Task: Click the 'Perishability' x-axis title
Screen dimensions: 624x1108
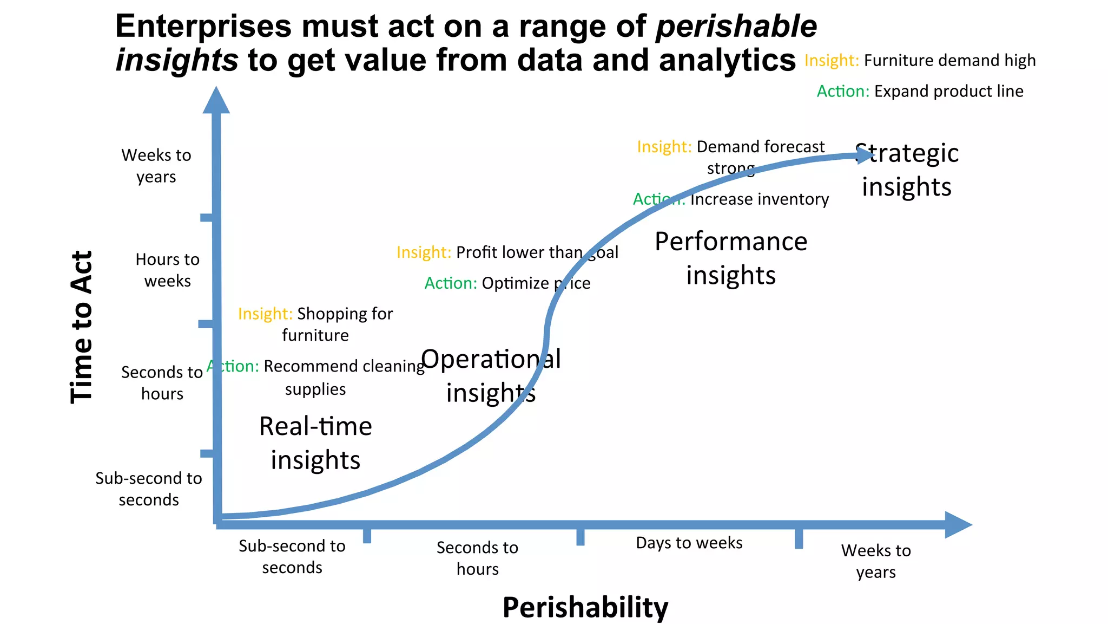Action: tap(585, 607)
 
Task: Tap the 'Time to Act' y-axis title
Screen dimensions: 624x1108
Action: tap(82, 327)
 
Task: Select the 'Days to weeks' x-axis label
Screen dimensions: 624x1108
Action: tap(689, 543)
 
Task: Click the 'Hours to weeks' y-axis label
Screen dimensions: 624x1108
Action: tap(167, 270)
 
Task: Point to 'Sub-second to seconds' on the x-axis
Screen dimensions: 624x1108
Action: tap(292, 556)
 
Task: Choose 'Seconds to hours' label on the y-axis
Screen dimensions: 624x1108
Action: tap(162, 382)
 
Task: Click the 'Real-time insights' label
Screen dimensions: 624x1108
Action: tap(315, 443)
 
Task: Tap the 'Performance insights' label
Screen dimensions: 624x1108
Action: tap(730, 258)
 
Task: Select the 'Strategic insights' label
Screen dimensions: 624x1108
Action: tap(907, 170)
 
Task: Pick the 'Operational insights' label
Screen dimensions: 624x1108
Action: tap(491, 375)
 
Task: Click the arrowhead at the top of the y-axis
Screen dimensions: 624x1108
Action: tap(216, 101)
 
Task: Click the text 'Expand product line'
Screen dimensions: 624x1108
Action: tap(948, 91)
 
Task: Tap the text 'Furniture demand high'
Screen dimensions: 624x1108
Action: tap(949, 60)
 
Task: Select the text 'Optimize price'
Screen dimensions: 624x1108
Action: tap(536, 283)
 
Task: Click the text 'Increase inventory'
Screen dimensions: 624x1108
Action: tap(759, 199)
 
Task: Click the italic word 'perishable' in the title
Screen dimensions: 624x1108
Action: tap(736, 26)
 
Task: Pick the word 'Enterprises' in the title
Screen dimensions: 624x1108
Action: tap(203, 26)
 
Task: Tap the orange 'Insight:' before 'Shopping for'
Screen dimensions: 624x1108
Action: tap(265, 314)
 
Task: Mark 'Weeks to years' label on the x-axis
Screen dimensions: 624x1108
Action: tap(875, 561)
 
